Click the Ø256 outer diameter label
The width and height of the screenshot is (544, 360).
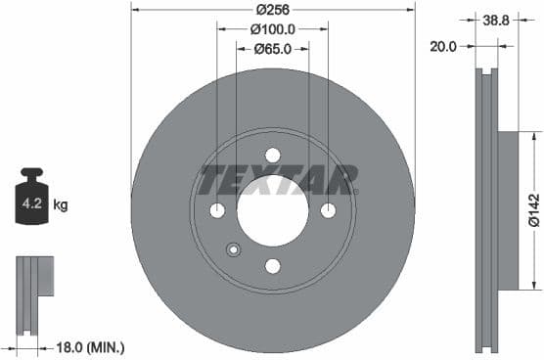click(x=272, y=9)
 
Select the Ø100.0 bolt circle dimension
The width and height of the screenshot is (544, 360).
click(x=272, y=29)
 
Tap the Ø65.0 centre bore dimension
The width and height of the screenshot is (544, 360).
click(x=272, y=49)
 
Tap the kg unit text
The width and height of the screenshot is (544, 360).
click(x=61, y=205)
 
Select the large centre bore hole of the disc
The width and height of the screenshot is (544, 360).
click(x=273, y=211)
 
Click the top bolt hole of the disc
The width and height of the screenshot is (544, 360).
click(x=273, y=156)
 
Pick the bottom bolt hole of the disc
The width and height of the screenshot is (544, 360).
click(x=273, y=266)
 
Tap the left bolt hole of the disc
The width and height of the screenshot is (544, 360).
click(x=217, y=211)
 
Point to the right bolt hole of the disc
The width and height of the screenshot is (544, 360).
click(x=328, y=211)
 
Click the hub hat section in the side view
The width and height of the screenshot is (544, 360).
click(x=507, y=210)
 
